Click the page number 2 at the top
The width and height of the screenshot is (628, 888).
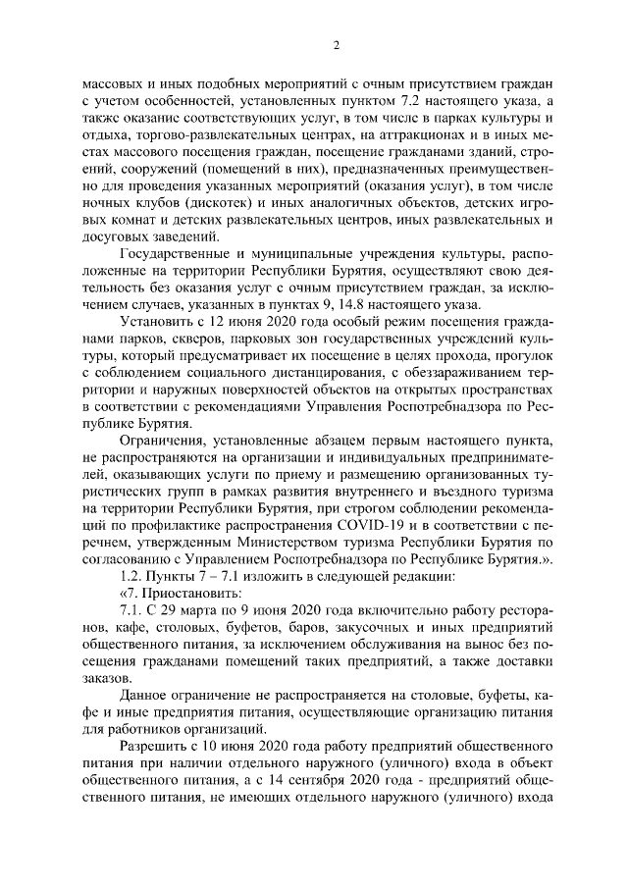click(x=336, y=45)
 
